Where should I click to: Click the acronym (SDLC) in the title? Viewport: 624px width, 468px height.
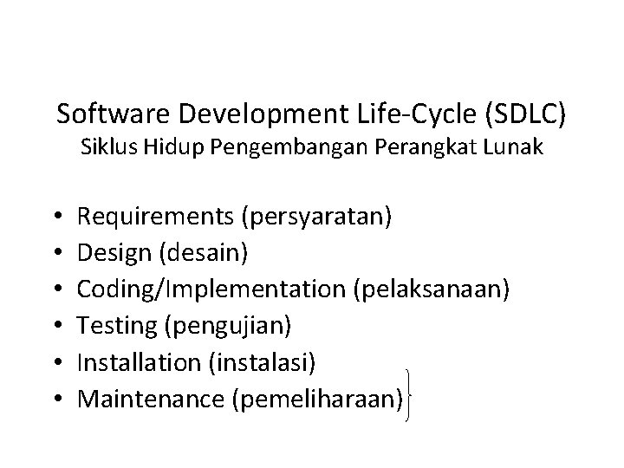[x=531, y=114]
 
